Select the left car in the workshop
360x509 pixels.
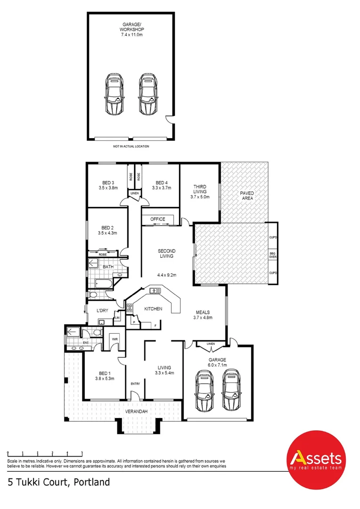click(113, 94)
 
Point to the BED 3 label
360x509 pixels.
click(108, 183)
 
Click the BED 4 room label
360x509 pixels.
click(161, 183)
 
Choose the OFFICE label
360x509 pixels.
click(157, 219)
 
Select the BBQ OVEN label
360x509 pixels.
click(272, 255)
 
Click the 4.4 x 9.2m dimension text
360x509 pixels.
click(167, 275)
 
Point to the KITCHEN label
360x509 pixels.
click(153, 309)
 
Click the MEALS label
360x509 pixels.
click(203, 312)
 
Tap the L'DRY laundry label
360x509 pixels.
click(103, 310)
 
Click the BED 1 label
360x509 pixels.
click(105, 372)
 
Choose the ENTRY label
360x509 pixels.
click(135, 384)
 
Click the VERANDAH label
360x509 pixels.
click(137, 412)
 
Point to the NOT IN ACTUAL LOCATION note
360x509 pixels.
click(131, 147)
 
